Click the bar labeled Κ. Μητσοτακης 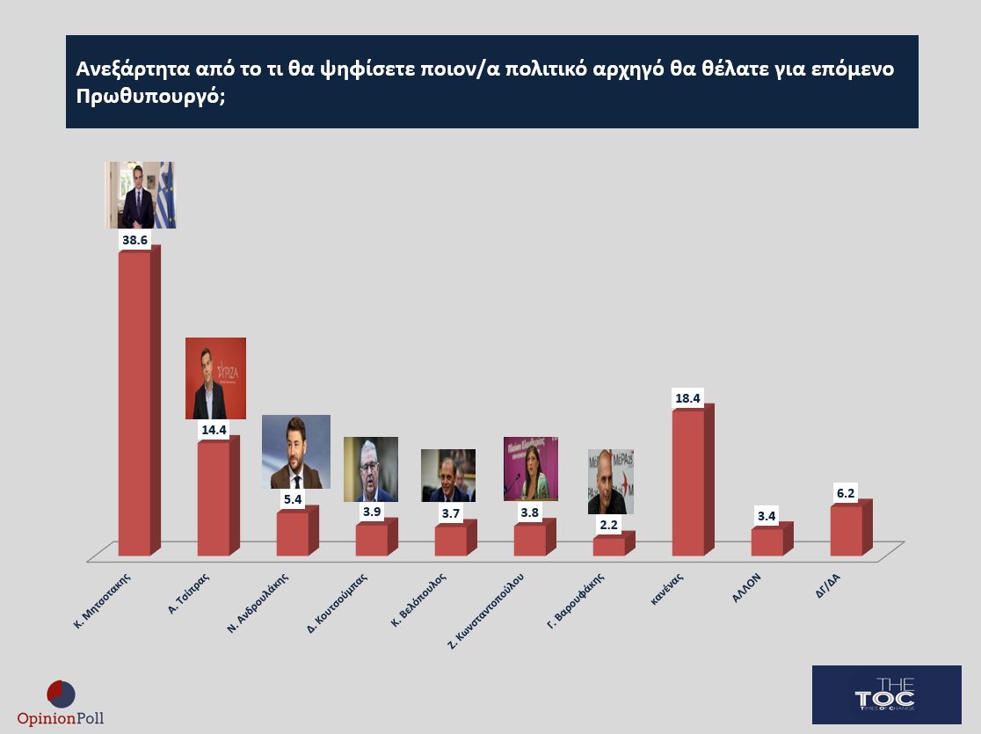point(134,404)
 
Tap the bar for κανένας point(688,483)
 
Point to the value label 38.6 point(134,239)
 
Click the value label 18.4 point(688,398)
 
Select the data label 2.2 point(609,525)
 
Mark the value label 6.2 point(847,493)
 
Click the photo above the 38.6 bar point(141,195)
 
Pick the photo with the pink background point(530,469)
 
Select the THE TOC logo point(886,694)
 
